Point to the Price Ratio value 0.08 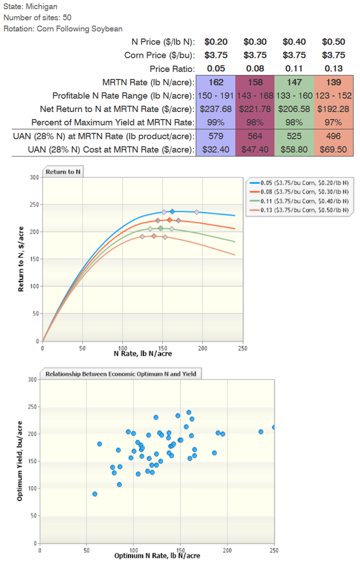point(254,69)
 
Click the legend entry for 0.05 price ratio point(302,184)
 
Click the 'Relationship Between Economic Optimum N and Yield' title point(123,374)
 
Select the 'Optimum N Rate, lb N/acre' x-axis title point(157,555)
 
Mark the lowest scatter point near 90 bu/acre point(95,494)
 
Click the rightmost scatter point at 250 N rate point(274,427)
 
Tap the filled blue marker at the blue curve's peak point(172,212)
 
